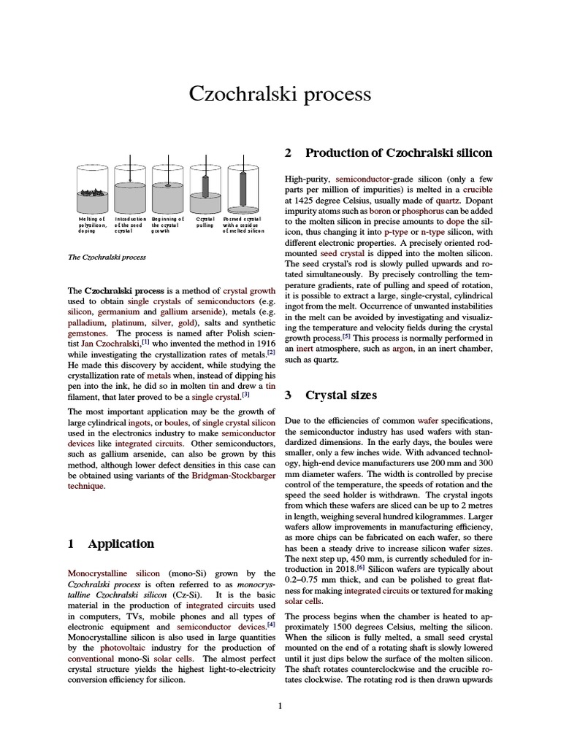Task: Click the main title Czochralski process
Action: click(280, 94)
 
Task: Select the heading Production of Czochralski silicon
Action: click(398, 152)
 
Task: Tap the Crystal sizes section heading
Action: click(341, 395)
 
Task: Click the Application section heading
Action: click(121, 543)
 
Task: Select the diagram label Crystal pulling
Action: click(205, 222)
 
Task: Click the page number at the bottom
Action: click(280, 705)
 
